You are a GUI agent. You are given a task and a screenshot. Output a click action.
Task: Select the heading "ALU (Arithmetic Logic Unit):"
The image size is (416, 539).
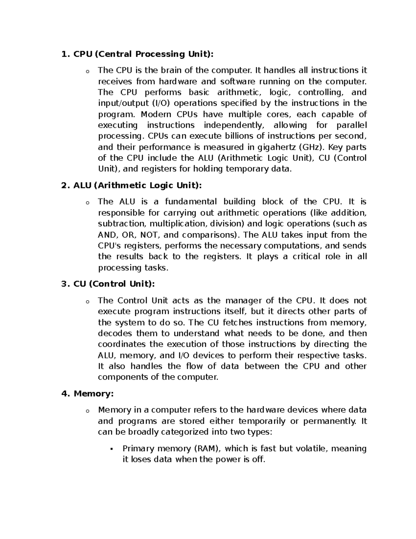click(x=137, y=185)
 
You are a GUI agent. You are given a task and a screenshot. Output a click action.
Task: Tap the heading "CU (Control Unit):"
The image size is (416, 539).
click(x=114, y=284)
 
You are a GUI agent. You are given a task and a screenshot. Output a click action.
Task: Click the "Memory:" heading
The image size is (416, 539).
click(x=94, y=394)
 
